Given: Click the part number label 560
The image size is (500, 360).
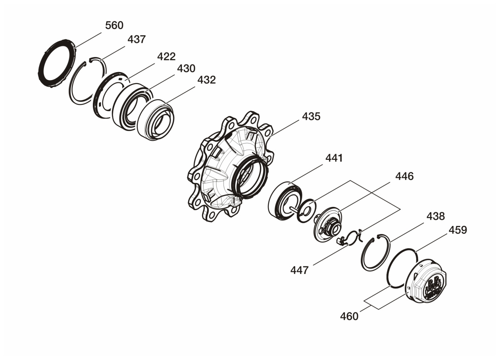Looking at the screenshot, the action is [114, 25].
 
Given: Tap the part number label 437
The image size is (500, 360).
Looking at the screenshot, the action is [137, 39].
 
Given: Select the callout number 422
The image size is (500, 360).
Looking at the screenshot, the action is [166, 57].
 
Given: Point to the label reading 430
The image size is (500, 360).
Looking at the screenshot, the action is [186, 68].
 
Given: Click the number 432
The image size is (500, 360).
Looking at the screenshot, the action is [206, 80].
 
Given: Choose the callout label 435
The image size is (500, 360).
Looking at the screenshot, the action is [311, 117].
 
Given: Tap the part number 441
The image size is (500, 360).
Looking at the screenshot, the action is [334, 158].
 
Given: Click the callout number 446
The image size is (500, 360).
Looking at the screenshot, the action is [404, 176].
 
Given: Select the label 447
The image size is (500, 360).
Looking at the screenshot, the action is [299, 270].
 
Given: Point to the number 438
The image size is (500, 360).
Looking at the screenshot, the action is [436, 216].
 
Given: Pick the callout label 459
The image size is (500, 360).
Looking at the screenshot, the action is [458, 230].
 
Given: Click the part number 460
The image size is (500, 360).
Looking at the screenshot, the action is [349, 316].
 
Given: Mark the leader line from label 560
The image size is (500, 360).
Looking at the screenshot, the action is [88, 40].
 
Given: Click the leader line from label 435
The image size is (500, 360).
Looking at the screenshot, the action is [284, 128].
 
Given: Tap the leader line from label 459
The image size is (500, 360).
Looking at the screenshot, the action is [432, 243].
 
